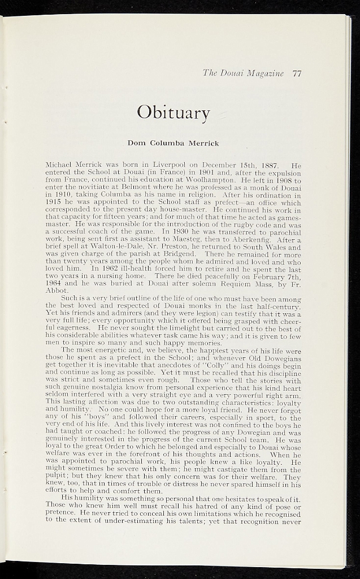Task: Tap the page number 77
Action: click(x=297, y=73)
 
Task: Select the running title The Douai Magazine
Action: click(x=243, y=73)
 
